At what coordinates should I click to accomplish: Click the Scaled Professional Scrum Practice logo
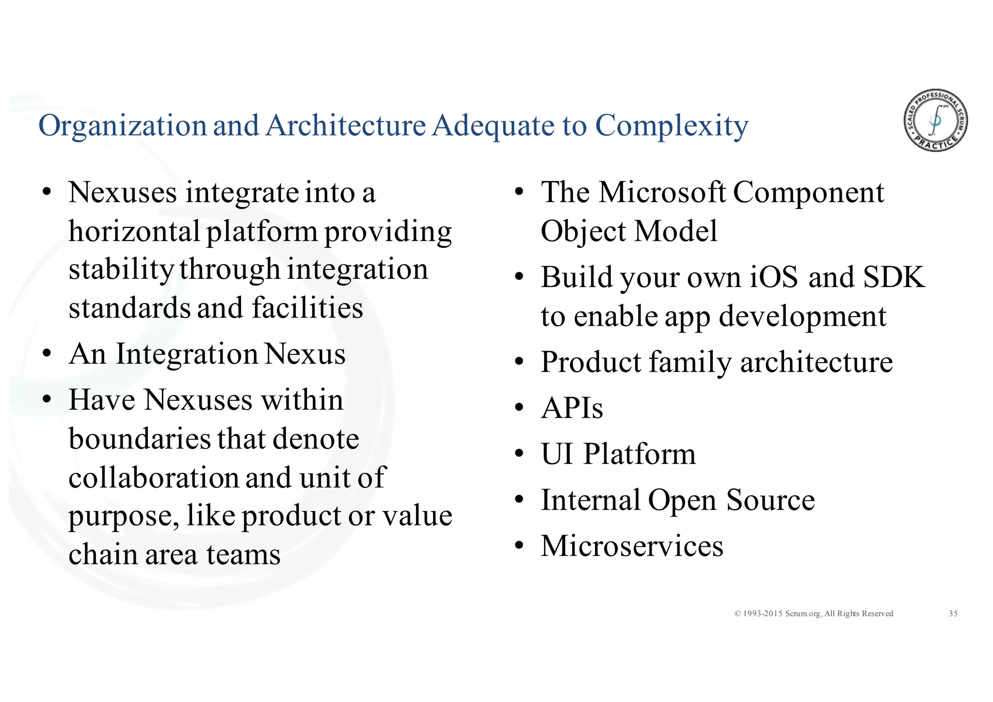pos(935,120)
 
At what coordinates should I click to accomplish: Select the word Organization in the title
pos(123,126)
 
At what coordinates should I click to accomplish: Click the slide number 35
pos(953,614)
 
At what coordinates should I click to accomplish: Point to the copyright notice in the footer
pos(814,614)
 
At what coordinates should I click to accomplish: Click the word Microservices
pos(632,546)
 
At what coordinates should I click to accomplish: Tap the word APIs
pos(572,408)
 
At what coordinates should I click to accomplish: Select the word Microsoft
pos(662,192)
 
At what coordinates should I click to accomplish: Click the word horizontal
pos(134,231)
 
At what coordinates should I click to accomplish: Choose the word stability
pos(121,270)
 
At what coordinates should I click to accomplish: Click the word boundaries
pos(139,439)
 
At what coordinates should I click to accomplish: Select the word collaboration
pos(154,478)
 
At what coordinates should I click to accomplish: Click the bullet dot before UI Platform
pos(519,455)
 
